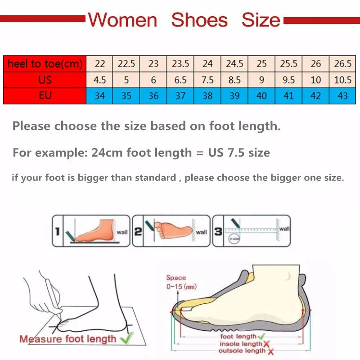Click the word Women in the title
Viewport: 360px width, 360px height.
point(122,20)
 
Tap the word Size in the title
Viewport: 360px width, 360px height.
point(261,20)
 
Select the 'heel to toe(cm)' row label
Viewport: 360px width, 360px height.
point(45,64)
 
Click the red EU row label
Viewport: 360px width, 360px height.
point(45,96)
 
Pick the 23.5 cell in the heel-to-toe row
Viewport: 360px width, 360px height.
point(180,64)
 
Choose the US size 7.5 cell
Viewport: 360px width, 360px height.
point(207,80)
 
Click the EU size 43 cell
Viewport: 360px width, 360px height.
point(342,96)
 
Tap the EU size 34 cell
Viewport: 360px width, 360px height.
point(99,96)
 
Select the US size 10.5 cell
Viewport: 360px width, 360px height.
point(342,80)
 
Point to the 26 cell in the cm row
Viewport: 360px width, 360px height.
point(315,64)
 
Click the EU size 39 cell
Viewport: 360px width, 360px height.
point(234,96)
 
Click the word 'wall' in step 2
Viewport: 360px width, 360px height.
point(202,232)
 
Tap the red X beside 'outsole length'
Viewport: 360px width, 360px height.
point(271,351)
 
